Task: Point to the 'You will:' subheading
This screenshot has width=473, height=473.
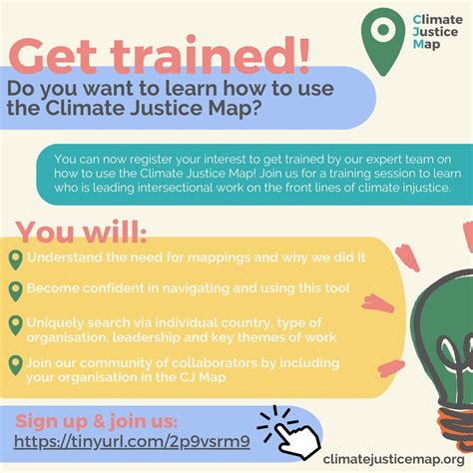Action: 80,232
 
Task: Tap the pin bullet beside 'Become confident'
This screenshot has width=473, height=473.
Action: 15,290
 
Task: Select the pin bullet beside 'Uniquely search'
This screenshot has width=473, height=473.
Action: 15,325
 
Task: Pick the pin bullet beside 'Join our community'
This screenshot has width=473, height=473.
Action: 15,365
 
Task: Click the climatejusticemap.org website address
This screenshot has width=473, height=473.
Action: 392,455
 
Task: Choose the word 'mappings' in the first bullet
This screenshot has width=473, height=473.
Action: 213,258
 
